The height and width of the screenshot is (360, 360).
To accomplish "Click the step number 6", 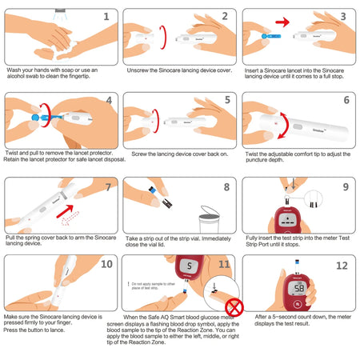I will pos(345,101).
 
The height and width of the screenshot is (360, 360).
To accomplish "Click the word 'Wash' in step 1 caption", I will pos(15,70).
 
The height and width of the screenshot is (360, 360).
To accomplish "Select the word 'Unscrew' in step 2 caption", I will pos(140,70).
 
